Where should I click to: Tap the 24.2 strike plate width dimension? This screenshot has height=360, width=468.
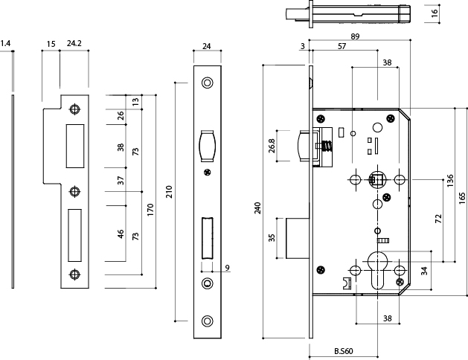[74, 45]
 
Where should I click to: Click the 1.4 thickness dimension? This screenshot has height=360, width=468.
[6, 45]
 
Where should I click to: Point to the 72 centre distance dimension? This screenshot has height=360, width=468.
[438, 219]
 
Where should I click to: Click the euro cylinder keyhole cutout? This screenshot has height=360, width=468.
[377, 274]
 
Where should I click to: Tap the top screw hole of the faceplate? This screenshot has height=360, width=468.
[207, 82]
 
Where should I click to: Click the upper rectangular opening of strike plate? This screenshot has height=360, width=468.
[74, 144]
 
